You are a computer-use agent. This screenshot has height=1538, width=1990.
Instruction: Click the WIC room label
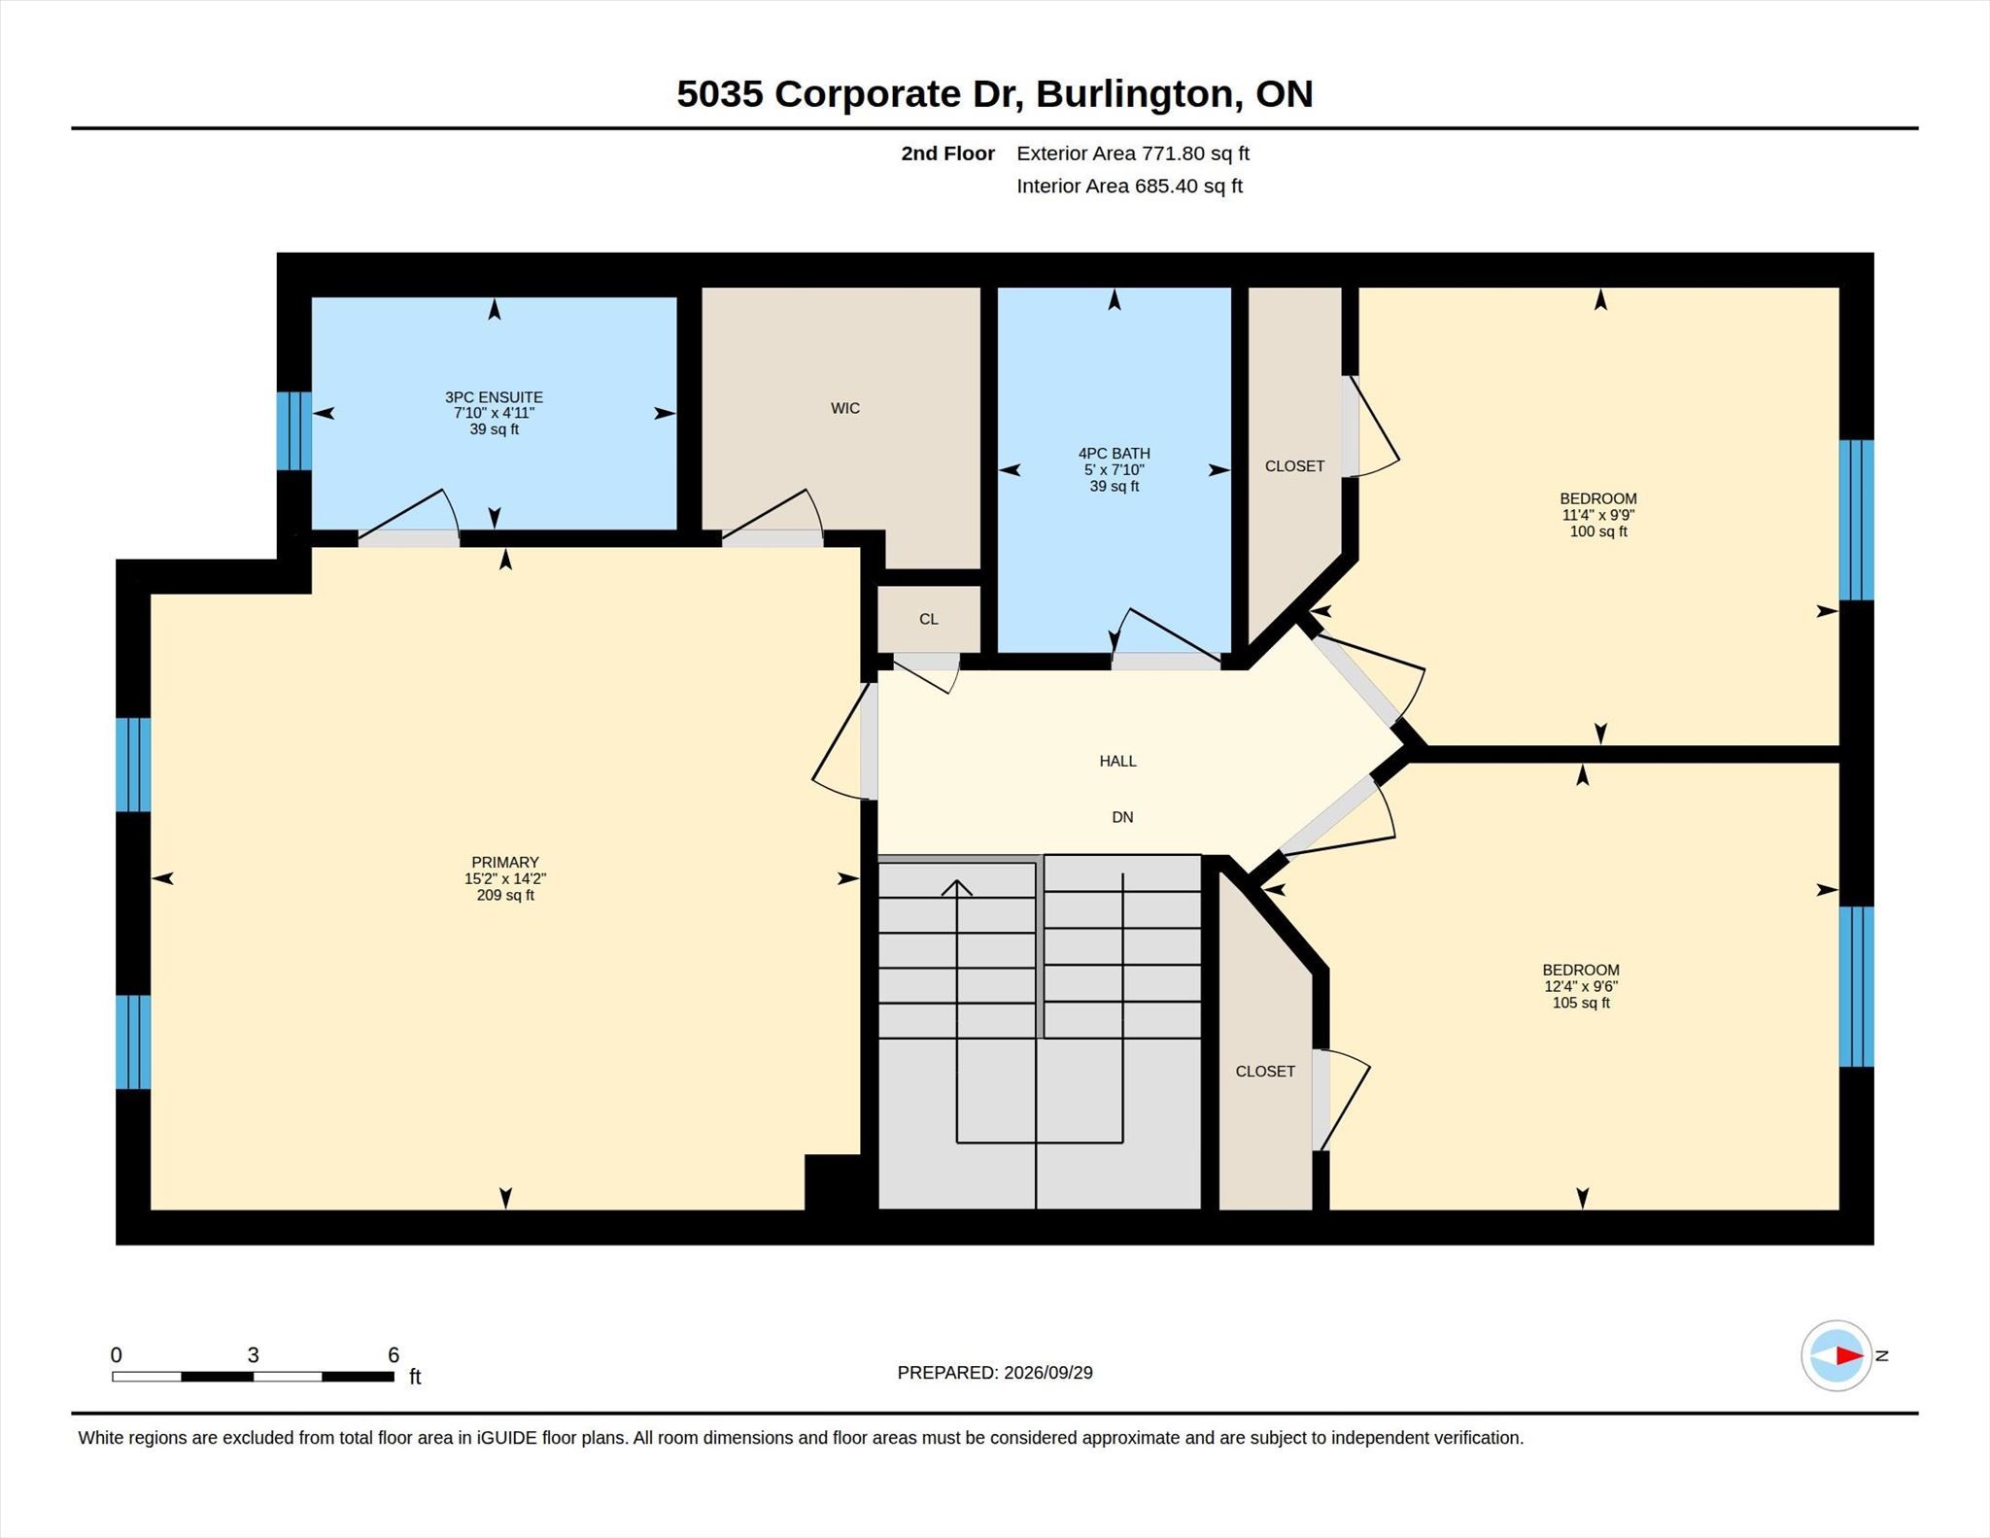[844, 408]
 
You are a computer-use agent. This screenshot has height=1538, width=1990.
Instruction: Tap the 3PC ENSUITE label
[494, 397]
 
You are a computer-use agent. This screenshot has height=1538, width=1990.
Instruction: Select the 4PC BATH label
[1114, 453]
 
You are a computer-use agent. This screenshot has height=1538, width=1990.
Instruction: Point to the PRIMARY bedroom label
[504, 862]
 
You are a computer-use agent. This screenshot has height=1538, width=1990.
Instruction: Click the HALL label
[1117, 761]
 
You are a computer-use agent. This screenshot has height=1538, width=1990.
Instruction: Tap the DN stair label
[1122, 817]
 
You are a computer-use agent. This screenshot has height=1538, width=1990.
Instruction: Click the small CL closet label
[928, 619]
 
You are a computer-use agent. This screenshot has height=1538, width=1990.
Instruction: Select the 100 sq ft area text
[1598, 531]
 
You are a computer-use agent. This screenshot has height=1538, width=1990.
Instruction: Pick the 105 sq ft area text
[1581, 1003]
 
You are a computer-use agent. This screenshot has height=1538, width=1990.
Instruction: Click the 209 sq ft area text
[505, 895]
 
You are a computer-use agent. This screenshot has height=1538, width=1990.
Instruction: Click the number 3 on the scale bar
[253, 1355]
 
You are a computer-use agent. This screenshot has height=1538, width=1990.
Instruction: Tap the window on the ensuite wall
[293, 430]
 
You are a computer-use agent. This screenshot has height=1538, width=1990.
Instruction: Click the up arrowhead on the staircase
[957, 887]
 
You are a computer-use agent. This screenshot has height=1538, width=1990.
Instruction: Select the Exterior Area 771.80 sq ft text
[1133, 154]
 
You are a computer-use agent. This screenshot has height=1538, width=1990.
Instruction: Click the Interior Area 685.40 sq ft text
[1129, 187]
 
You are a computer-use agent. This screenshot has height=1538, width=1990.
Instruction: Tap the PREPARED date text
[995, 1373]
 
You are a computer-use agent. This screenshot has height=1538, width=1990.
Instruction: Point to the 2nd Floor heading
[947, 154]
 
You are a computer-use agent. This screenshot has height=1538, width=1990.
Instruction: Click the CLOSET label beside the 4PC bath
[1294, 466]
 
